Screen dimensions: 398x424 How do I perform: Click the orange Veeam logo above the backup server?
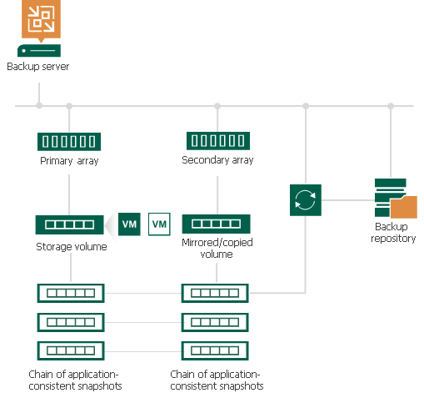(x=37, y=20)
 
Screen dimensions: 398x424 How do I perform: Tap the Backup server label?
(x=37, y=67)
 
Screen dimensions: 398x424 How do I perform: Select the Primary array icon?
(x=69, y=141)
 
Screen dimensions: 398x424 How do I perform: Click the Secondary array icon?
(x=217, y=141)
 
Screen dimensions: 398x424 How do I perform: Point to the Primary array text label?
(x=69, y=160)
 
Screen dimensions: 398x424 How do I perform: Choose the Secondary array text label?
(x=217, y=159)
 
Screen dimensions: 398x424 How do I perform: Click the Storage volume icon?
(x=69, y=224)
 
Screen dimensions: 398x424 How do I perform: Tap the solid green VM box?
(x=129, y=224)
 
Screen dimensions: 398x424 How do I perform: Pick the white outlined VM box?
(x=159, y=224)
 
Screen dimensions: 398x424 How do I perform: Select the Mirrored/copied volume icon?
(x=217, y=224)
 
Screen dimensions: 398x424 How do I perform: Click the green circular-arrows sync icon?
(x=306, y=200)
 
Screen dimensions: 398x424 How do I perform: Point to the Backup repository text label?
(x=392, y=232)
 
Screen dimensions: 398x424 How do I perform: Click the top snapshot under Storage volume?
(x=70, y=293)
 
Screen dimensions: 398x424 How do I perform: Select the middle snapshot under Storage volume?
(x=70, y=322)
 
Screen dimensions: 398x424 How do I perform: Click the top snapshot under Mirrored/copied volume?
(x=217, y=293)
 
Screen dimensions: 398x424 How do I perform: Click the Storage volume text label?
(x=71, y=247)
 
